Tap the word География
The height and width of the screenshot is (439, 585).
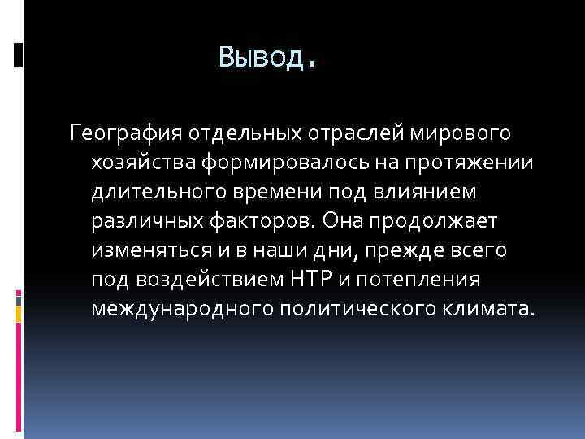pyautogui.click(x=127, y=131)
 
